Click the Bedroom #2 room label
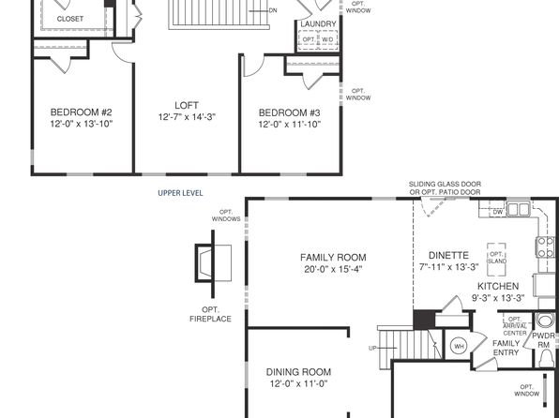[x=82, y=112]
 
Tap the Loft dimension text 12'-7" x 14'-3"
[x=187, y=117]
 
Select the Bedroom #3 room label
[x=290, y=113]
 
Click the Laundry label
[x=318, y=23]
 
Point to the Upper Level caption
[x=180, y=193]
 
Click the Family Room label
[x=333, y=258]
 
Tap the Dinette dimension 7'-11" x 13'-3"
[x=448, y=267]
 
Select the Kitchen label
[x=498, y=286]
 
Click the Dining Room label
[x=298, y=372]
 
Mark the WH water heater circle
[x=460, y=346]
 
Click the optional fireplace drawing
[x=213, y=263]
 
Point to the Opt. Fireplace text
[x=210, y=314]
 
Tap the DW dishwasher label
[x=498, y=212]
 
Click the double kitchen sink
[x=519, y=209]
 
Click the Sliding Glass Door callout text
[x=445, y=188]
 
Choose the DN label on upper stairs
[x=273, y=10]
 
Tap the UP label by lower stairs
[x=372, y=348]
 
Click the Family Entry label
[x=506, y=348]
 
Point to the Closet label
[x=70, y=19]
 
